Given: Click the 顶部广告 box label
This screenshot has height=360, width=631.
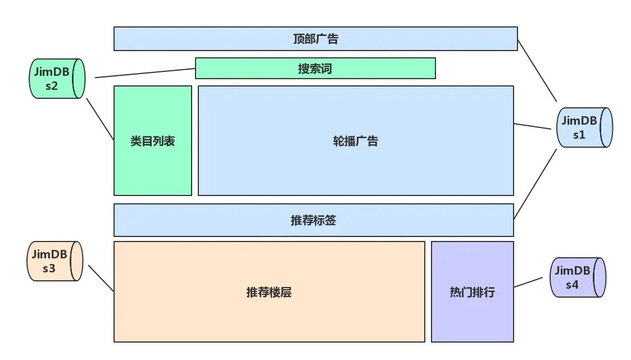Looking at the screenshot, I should pos(315,39).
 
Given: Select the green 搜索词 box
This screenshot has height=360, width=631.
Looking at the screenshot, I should pos(315,69).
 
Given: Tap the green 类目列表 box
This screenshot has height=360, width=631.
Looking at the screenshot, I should pos(153,141).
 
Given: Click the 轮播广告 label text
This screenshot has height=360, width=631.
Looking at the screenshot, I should pos(356,141).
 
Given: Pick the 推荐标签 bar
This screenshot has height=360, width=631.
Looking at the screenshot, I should pos(314,220).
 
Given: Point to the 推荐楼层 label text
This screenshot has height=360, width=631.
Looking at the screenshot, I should pos(269,292).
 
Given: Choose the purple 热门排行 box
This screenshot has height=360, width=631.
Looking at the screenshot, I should pos(473,292).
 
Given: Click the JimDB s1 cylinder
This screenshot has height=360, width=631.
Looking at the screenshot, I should pos(584,127).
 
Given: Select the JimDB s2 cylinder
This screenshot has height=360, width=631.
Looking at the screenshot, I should pos(56,79).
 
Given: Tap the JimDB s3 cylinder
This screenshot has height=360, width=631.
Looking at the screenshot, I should pos(55,261).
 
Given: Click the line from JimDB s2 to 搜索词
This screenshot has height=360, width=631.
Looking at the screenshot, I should pos(145,72).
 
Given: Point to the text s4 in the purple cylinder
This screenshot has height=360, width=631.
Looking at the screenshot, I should pos(571,284).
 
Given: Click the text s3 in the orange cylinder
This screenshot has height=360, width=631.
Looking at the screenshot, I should pos(49,268).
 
